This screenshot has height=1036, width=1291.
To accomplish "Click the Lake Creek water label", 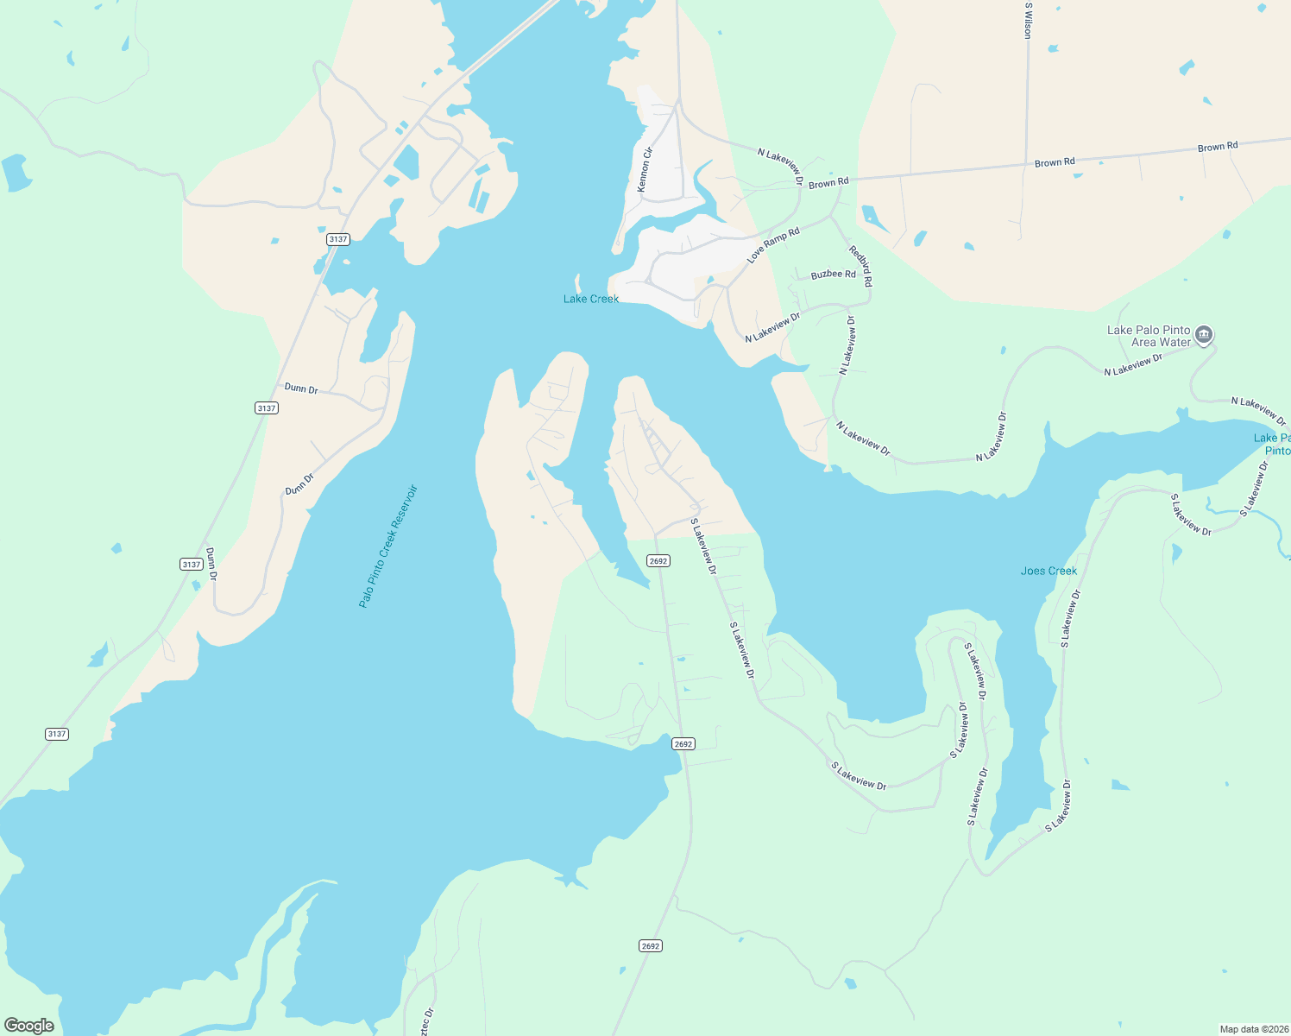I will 591,299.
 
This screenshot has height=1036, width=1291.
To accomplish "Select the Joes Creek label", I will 1049,571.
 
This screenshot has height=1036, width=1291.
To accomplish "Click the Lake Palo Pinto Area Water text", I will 1149,336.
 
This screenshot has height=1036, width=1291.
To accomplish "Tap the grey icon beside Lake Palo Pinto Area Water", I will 1205,335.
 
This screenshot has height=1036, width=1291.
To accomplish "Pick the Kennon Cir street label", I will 645,169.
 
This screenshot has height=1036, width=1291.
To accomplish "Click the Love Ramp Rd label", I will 773,244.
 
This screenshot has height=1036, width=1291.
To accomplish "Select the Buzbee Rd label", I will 833,274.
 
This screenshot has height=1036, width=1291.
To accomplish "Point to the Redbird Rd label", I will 861,266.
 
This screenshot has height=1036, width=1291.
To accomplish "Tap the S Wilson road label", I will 1028,20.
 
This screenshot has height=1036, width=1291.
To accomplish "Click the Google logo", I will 29,1025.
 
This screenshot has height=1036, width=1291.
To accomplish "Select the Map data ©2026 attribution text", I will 1253,1029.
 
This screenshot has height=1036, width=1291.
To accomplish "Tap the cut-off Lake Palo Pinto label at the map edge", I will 1273,444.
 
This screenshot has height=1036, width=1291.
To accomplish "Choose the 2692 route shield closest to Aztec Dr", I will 651,946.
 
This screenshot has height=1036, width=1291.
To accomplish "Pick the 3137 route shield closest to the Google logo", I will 57,734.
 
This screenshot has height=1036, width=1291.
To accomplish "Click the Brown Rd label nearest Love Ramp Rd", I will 828,183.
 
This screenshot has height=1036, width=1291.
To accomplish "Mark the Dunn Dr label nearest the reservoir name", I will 299,483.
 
